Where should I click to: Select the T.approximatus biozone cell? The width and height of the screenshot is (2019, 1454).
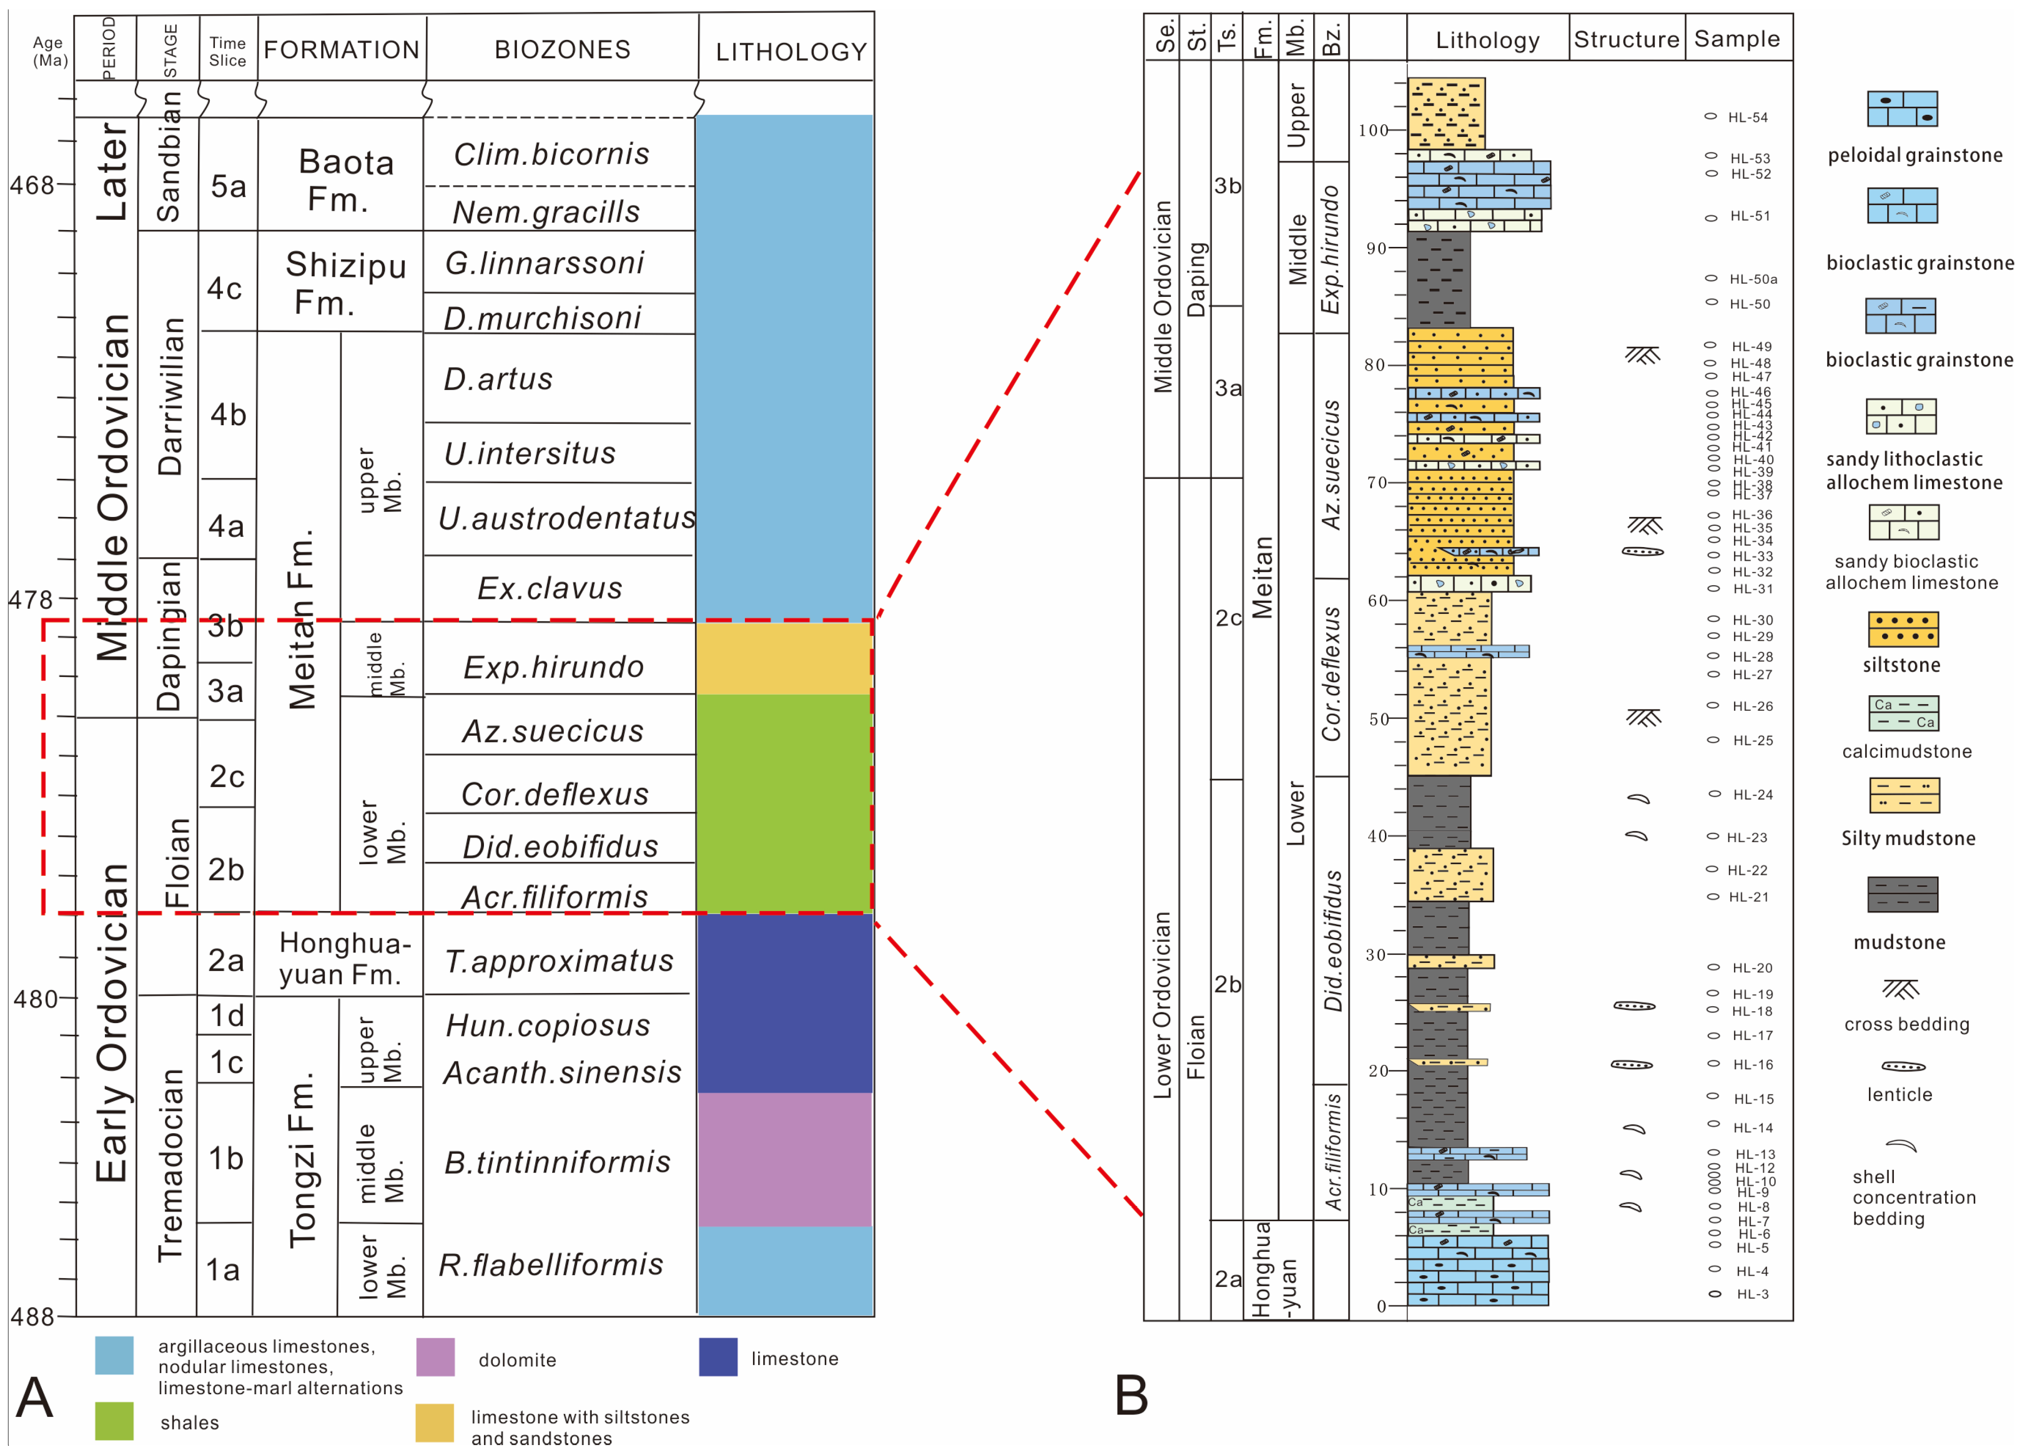[x=559, y=961]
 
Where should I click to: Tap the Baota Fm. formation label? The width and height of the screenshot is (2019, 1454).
[x=345, y=180]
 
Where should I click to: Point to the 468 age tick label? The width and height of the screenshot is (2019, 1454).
[x=32, y=185]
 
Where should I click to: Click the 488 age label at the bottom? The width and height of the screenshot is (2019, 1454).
[x=32, y=1316]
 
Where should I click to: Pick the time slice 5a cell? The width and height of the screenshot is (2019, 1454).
[x=228, y=186]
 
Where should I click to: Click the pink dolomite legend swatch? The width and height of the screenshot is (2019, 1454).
[x=435, y=1357]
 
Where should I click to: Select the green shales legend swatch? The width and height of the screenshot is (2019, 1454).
[x=114, y=1421]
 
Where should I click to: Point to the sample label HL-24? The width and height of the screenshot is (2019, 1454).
[x=1752, y=794]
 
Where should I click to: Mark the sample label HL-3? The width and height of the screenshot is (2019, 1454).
[x=1752, y=1294]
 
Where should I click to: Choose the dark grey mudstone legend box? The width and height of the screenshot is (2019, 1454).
[x=1902, y=894]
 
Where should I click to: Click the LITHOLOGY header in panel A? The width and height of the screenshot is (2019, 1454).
[x=791, y=52]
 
